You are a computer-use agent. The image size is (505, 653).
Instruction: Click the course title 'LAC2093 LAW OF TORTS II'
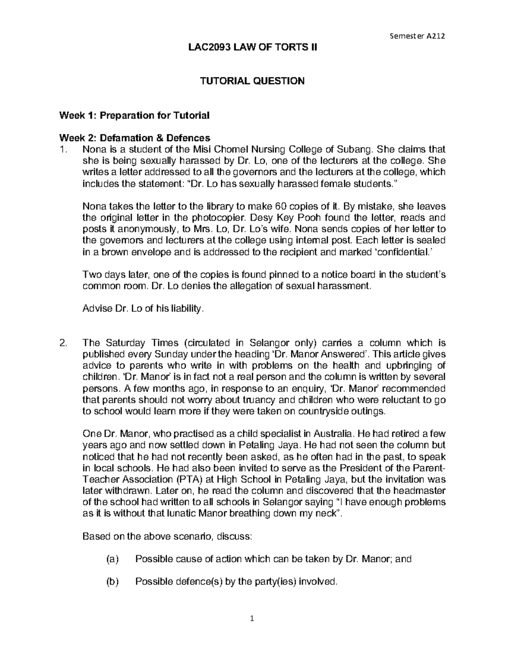(252, 48)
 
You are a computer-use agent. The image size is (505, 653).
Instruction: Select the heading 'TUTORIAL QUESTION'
(252, 81)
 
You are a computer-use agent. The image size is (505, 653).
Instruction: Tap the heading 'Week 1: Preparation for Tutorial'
(134, 115)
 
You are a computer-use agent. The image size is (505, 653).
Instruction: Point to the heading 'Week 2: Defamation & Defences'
(134, 138)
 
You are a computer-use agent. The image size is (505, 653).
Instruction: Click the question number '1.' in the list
(64, 149)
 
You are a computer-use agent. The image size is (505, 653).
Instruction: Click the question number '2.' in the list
(64, 343)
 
